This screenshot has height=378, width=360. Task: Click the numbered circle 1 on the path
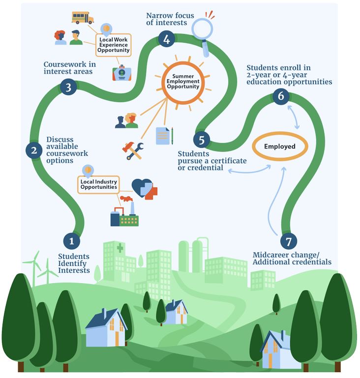click(x=72, y=241)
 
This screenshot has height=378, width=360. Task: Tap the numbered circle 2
click(x=34, y=150)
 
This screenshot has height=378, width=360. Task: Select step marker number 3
click(x=68, y=87)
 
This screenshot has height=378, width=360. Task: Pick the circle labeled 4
click(x=167, y=40)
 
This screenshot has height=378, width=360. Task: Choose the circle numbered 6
click(x=281, y=96)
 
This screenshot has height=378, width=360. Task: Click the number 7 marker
click(x=289, y=241)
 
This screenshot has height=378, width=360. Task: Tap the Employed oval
click(x=279, y=146)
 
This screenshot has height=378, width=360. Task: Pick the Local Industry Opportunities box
click(x=99, y=184)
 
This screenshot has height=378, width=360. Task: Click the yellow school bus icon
click(x=82, y=18)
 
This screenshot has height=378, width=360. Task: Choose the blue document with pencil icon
click(x=164, y=135)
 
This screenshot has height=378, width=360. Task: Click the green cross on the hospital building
click(x=120, y=248)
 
